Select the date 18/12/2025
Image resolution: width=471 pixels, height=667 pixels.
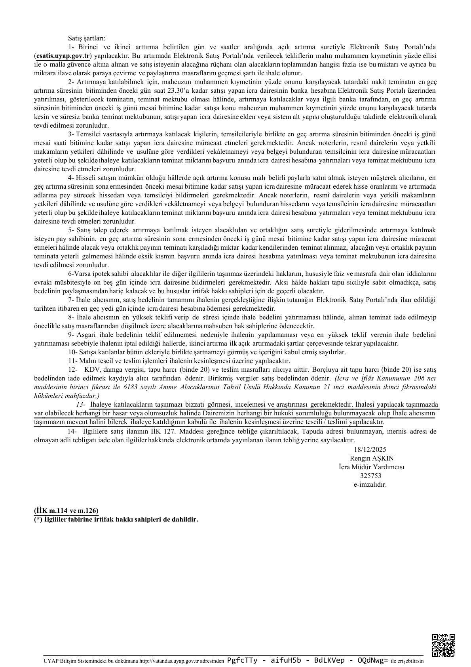tap(368, 449)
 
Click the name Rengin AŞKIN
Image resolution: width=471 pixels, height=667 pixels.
tap(369, 458)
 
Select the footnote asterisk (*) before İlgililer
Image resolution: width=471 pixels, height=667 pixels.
tap(38, 519)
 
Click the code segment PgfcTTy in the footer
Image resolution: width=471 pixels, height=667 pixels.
tap(243, 661)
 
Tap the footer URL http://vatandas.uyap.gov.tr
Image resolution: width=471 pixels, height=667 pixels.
tap(168, 661)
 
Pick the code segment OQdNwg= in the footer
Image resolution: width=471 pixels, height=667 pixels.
tap(372, 661)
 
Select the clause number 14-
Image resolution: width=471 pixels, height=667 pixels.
tap(73, 431)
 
